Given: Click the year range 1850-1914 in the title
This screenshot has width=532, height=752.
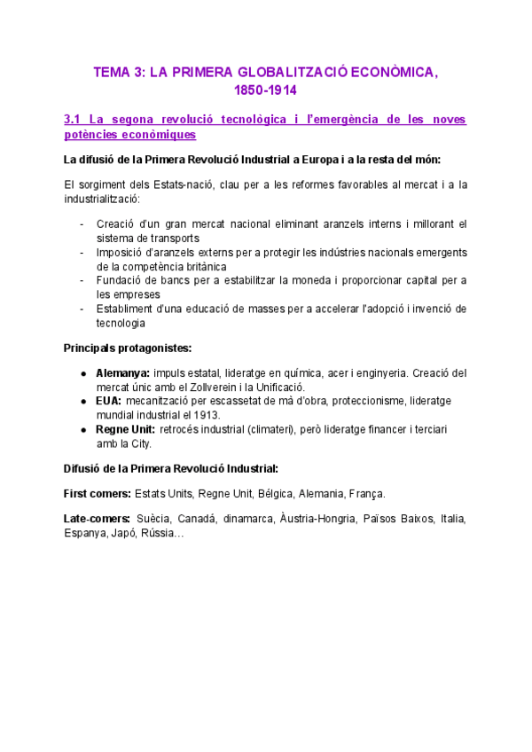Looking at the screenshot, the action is (265, 90).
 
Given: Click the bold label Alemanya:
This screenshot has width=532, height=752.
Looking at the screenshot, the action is (122, 372).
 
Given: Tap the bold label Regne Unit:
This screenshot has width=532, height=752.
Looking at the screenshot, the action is (125, 429).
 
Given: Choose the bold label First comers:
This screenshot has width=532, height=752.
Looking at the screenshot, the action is (97, 493).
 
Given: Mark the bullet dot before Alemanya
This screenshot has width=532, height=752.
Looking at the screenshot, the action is (82, 373).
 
